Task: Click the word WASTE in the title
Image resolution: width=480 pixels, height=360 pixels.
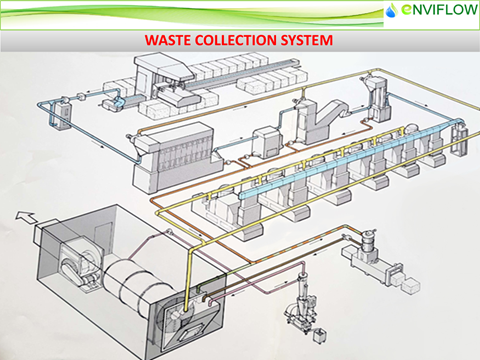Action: click(x=168, y=40)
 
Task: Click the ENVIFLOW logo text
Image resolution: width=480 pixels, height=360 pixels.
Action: click(x=439, y=10)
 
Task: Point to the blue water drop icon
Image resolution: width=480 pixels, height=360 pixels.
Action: click(x=391, y=11)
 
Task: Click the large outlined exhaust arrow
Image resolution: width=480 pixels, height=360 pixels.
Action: click(x=26, y=217)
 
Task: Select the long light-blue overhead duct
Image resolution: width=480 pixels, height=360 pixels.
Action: click(x=350, y=158)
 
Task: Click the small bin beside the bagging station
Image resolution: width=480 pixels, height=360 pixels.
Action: click(x=320, y=336)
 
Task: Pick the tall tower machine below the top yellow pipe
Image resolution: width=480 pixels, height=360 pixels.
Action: click(x=378, y=100)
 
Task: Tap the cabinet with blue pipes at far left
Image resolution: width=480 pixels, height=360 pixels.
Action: click(x=60, y=113)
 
